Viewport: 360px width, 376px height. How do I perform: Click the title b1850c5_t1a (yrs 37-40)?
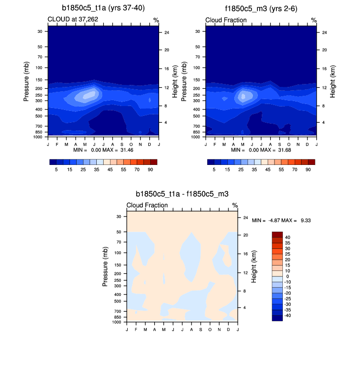tap(103, 8)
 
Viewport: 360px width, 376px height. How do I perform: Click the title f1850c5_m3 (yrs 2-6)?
tap(261, 8)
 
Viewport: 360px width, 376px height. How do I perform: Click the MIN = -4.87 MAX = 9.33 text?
tap(281, 221)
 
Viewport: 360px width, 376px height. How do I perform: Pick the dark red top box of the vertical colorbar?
tap(277, 234)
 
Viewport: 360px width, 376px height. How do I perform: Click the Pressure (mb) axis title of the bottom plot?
tap(105, 267)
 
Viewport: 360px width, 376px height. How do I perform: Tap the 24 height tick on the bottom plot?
tap(245, 218)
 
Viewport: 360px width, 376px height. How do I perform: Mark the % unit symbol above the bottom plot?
tap(235, 205)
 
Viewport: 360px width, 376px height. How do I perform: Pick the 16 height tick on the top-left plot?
tap(166, 69)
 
